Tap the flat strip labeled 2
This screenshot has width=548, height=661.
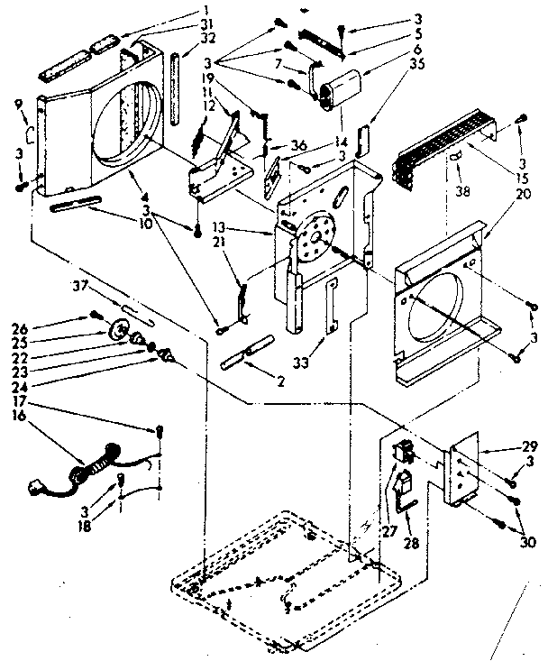pyautogui.click(x=246, y=351)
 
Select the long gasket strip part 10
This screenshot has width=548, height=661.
pyautogui.click(x=78, y=205)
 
